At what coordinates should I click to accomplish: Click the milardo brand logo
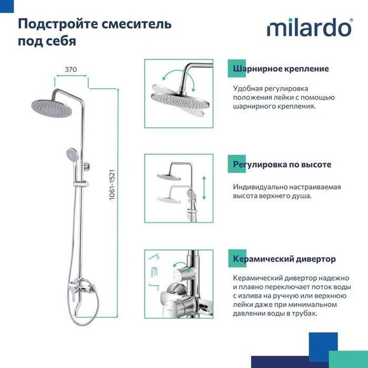tap(309, 29)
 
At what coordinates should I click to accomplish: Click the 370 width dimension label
tap(72, 69)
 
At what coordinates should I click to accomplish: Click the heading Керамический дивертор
tap(284, 260)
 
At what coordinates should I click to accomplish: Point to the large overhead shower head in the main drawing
tap(52, 107)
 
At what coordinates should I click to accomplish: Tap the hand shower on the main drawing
tap(71, 154)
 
